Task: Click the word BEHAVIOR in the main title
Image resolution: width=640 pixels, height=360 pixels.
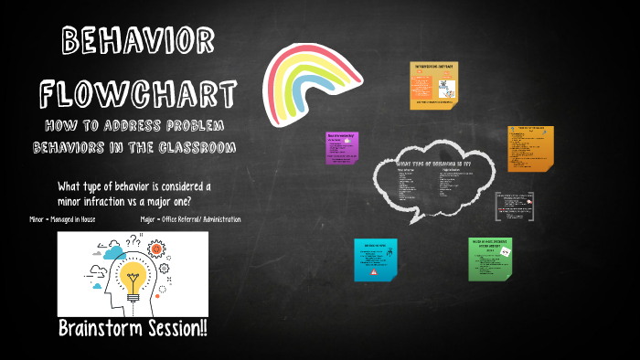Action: pos(138,41)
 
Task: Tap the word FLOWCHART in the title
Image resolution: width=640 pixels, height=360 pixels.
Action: pos(138,91)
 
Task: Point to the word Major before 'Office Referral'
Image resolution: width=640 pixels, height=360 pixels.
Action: pos(150,219)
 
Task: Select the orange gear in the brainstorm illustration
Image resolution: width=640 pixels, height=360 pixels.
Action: pos(155,248)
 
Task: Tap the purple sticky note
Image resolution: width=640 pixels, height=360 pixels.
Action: pos(341,148)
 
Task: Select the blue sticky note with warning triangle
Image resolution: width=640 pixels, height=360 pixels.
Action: pos(375,259)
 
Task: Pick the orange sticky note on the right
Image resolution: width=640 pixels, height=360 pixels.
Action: pos(530,148)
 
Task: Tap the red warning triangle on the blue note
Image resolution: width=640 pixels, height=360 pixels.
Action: pos(374,271)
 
